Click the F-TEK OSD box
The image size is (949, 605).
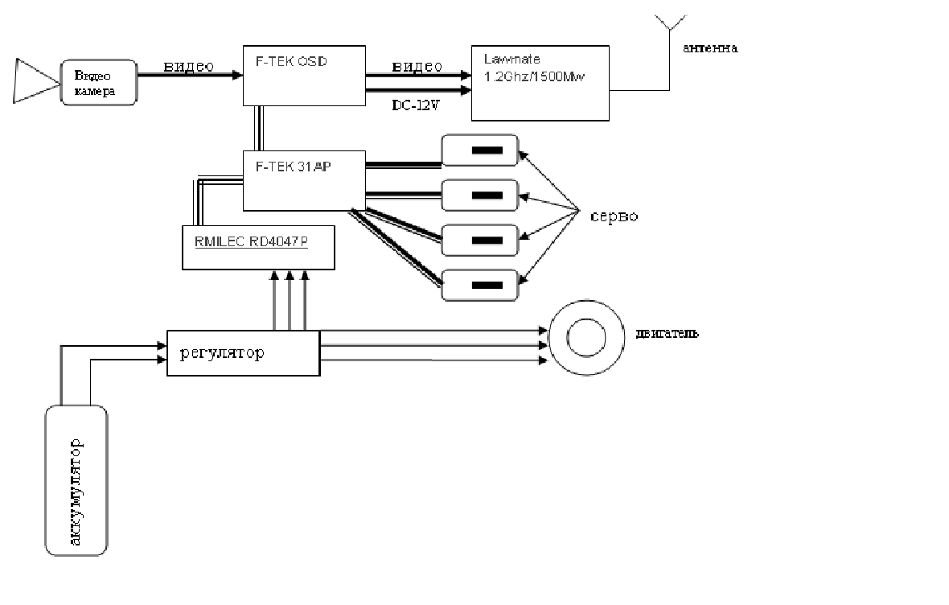coord(303,75)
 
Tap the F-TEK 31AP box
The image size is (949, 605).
coord(303,180)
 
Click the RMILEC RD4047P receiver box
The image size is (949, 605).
coord(257,247)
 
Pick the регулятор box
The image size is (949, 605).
coord(243,352)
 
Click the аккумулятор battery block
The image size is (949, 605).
coord(76,479)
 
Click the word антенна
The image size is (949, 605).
coord(710,48)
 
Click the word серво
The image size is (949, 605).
coord(614,216)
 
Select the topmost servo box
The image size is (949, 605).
coord(480,150)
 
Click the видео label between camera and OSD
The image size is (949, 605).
coord(188,66)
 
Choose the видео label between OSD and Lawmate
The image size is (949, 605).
coord(417,66)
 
